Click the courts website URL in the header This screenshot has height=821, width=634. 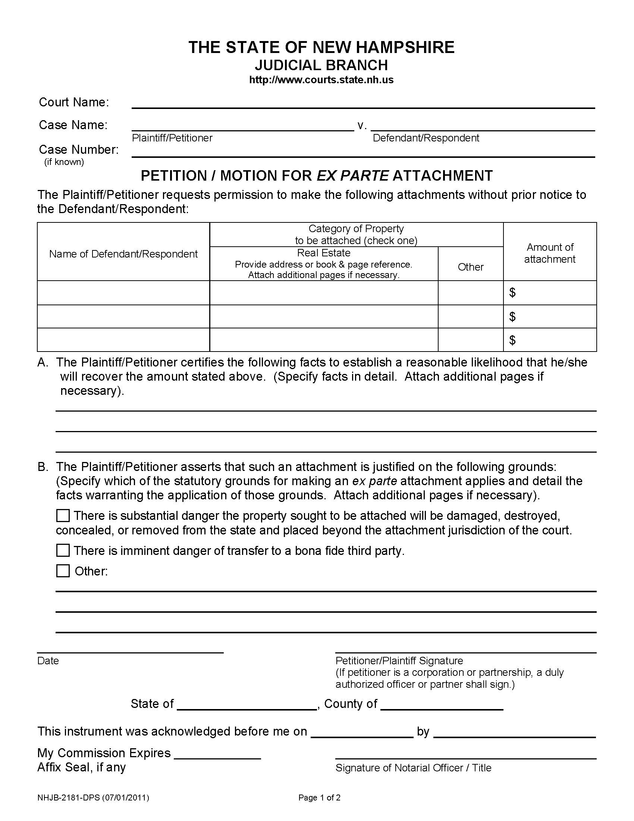pos(321,80)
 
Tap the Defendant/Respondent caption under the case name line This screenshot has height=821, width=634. pos(426,138)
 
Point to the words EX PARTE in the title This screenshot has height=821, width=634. pos(352,175)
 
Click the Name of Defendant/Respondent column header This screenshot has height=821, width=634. pos(123,254)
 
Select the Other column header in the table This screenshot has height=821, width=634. pos(470,267)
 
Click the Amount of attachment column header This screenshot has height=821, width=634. pos(549,253)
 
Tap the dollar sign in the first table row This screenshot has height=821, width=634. pos(512,293)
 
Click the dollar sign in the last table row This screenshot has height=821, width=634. pos(512,340)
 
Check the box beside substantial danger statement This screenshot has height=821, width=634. pos(63,516)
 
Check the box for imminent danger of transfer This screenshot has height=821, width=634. pos(63,551)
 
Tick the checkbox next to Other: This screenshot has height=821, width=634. pos(63,571)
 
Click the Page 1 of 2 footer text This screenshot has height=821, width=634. pos(319,798)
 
